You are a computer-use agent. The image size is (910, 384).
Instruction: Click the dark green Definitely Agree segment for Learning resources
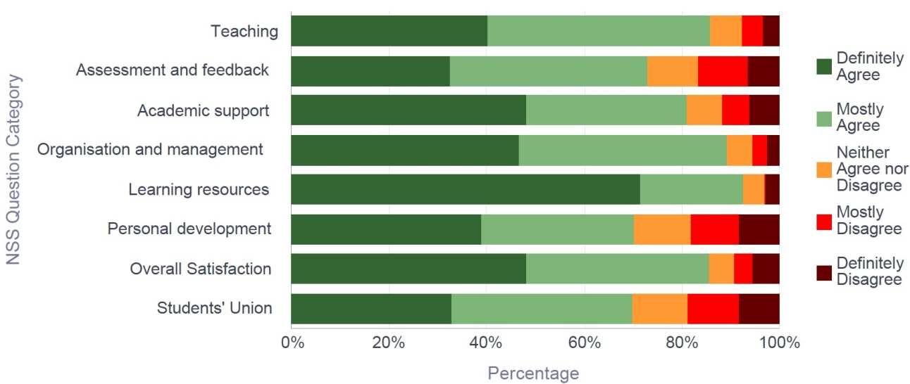pyautogui.click(x=465, y=190)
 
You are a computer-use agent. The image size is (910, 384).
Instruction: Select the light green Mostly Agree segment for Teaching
pyautogui.click(x=599, y=31)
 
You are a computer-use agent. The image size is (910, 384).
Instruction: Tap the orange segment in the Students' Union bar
pyautogui.click(x=659, y=308)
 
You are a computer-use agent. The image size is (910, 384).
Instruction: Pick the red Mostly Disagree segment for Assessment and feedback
pyautogui.click(x=723, y=70)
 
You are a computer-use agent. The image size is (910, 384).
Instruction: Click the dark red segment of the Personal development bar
pyautogui.click(x=759, y=229)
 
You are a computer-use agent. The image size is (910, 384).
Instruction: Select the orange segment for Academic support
pyautogui.click(x=704, y=110)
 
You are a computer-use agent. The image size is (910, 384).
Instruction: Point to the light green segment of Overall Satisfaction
pyautogui.click(x=617, y=269)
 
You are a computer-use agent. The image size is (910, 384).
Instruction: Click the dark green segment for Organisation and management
pyautogui.click(x=404, y=150)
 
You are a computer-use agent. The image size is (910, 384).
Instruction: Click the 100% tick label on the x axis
pyautogui.click(x=779, y=344)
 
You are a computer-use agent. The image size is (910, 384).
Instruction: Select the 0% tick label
pyautogui.click(x=292, y=344)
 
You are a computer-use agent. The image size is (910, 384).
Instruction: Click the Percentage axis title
pyautogui.click(x=533, y=373)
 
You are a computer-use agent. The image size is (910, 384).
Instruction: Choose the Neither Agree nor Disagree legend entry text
pyautogui.click(x=871, y=169)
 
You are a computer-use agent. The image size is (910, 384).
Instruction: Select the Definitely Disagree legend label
pyautogui.click(x=869, y=271)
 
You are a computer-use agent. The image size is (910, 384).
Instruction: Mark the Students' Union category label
pyautogui.click(x=214, y=308)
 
